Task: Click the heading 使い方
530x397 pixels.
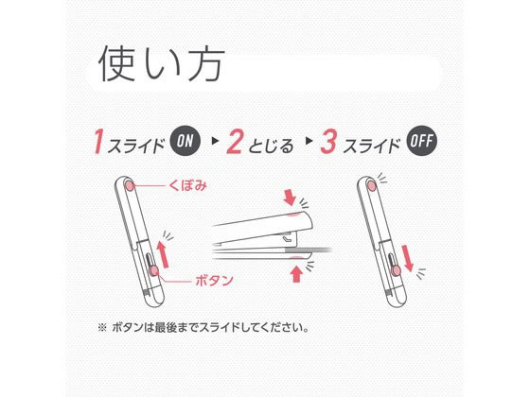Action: pos(160,65)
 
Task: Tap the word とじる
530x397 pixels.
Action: pos(272,145)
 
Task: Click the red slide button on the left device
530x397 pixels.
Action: pos(152,272)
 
